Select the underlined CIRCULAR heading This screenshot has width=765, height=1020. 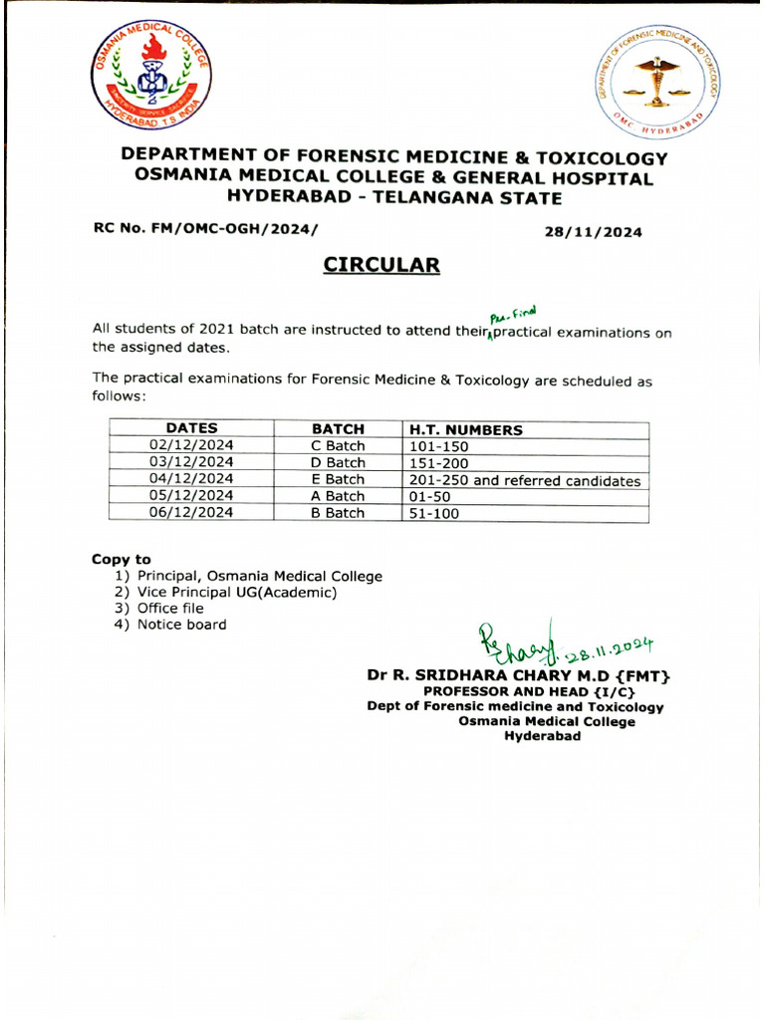pyautogui.click(x=381, y=265)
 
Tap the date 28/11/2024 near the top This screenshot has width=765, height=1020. pyautogui.click(x=593, y=232)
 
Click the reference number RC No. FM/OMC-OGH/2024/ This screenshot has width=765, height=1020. pyautogui.click(x=207, y=228)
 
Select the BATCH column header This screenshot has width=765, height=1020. pyautogui.click(x=338, y=429)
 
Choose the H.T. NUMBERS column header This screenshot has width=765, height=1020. pyautogui.click(x=465, y=430)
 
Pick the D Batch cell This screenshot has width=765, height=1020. pyautogui.click(x=338, y=463)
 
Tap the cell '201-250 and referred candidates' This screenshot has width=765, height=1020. pyautogui.click(x=525, y=480)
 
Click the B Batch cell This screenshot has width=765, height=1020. pyautogui.click(x=338, y=513)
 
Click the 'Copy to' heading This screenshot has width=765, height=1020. pyautogui.click(x=122, y=560)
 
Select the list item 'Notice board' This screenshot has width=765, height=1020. pyautogui.click(x=181, y=625)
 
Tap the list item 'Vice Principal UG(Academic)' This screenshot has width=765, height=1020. pyautogui.click(x=237, y=593)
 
